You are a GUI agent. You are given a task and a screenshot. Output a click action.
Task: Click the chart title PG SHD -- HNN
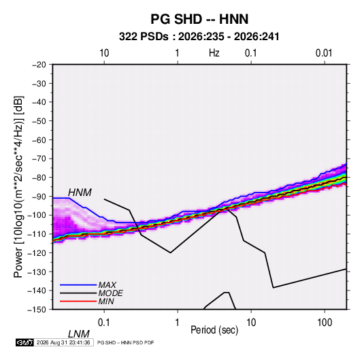tap(199, 19)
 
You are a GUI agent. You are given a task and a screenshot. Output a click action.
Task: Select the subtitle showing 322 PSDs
tap(199, 37)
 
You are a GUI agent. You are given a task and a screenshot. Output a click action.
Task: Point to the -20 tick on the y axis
tap(39, 65)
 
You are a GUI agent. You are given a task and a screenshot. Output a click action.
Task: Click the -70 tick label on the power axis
tap(39, 159)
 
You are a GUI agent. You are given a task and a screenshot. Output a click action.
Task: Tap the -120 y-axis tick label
tap(37, 252)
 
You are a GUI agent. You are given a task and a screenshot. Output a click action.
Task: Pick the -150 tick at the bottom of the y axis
tap(37, 310)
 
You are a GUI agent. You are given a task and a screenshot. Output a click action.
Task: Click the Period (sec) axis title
tap(214, 330)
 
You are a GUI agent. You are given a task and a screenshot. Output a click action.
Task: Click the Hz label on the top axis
tap(214, 53)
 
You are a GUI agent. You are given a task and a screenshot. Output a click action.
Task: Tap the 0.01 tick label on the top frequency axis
tap(324, 53)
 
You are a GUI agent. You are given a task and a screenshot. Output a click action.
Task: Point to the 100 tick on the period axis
tap(325, 323)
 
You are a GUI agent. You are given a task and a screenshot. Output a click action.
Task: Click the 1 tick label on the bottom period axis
tap(177, 323)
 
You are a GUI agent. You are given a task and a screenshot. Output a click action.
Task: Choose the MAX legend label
tap(107, 284)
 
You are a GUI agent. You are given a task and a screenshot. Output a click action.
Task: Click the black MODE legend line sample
tap(78, 293)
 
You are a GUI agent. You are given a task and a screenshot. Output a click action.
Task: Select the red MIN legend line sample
tap(78, 301)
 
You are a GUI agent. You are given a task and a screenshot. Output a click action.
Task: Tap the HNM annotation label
tap(80, 193)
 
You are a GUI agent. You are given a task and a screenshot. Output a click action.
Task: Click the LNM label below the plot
tap(78, 334)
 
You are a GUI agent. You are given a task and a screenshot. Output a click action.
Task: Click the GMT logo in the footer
tap(25, 342)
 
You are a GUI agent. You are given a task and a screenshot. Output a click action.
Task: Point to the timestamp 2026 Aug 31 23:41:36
tap(63, 342)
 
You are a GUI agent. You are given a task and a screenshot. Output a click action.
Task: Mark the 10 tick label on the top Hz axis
tap(104, 53)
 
